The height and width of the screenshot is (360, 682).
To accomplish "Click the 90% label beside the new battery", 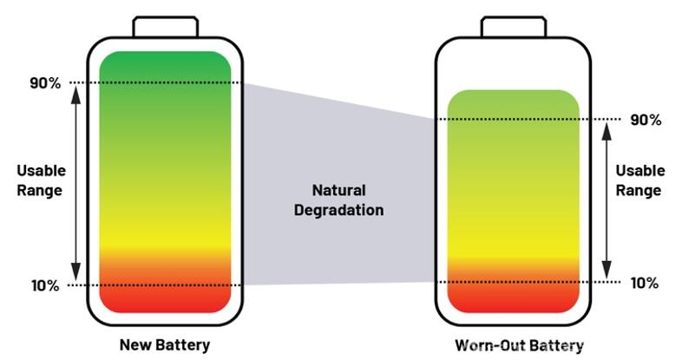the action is [45, 83].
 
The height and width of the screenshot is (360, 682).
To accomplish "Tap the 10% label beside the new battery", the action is [45, 285].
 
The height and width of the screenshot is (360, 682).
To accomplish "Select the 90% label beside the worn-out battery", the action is [646, 120].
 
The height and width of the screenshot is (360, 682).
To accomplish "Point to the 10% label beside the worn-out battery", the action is [645, 283].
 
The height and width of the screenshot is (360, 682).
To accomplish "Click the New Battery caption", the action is [165, 344].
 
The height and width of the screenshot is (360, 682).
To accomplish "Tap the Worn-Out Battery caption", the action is [520, 345].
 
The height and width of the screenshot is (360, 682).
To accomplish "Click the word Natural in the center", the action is [338, 190].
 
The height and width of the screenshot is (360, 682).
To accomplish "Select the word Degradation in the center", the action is [338, 210].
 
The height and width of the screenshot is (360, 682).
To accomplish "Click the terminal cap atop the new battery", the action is [166, 27].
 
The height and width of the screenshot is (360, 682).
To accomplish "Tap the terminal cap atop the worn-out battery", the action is [514, 27].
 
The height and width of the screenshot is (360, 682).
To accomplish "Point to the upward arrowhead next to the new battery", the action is [76, 95].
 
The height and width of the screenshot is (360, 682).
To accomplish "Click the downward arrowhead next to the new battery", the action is [76, 272].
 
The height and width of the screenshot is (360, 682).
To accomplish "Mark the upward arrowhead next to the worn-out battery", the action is [607, 131].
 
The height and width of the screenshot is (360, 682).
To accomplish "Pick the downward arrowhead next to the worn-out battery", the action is [607, 270].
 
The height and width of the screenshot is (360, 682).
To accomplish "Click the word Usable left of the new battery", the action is [42, 170].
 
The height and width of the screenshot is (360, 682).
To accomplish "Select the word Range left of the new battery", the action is [40, 191].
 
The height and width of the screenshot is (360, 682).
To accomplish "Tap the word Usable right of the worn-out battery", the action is [640, 170].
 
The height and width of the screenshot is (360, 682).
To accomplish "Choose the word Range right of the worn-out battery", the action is [639, 191].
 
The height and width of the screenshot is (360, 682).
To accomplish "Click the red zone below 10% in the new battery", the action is [165, 299].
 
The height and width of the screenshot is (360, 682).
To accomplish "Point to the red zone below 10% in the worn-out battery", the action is [514, 298].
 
